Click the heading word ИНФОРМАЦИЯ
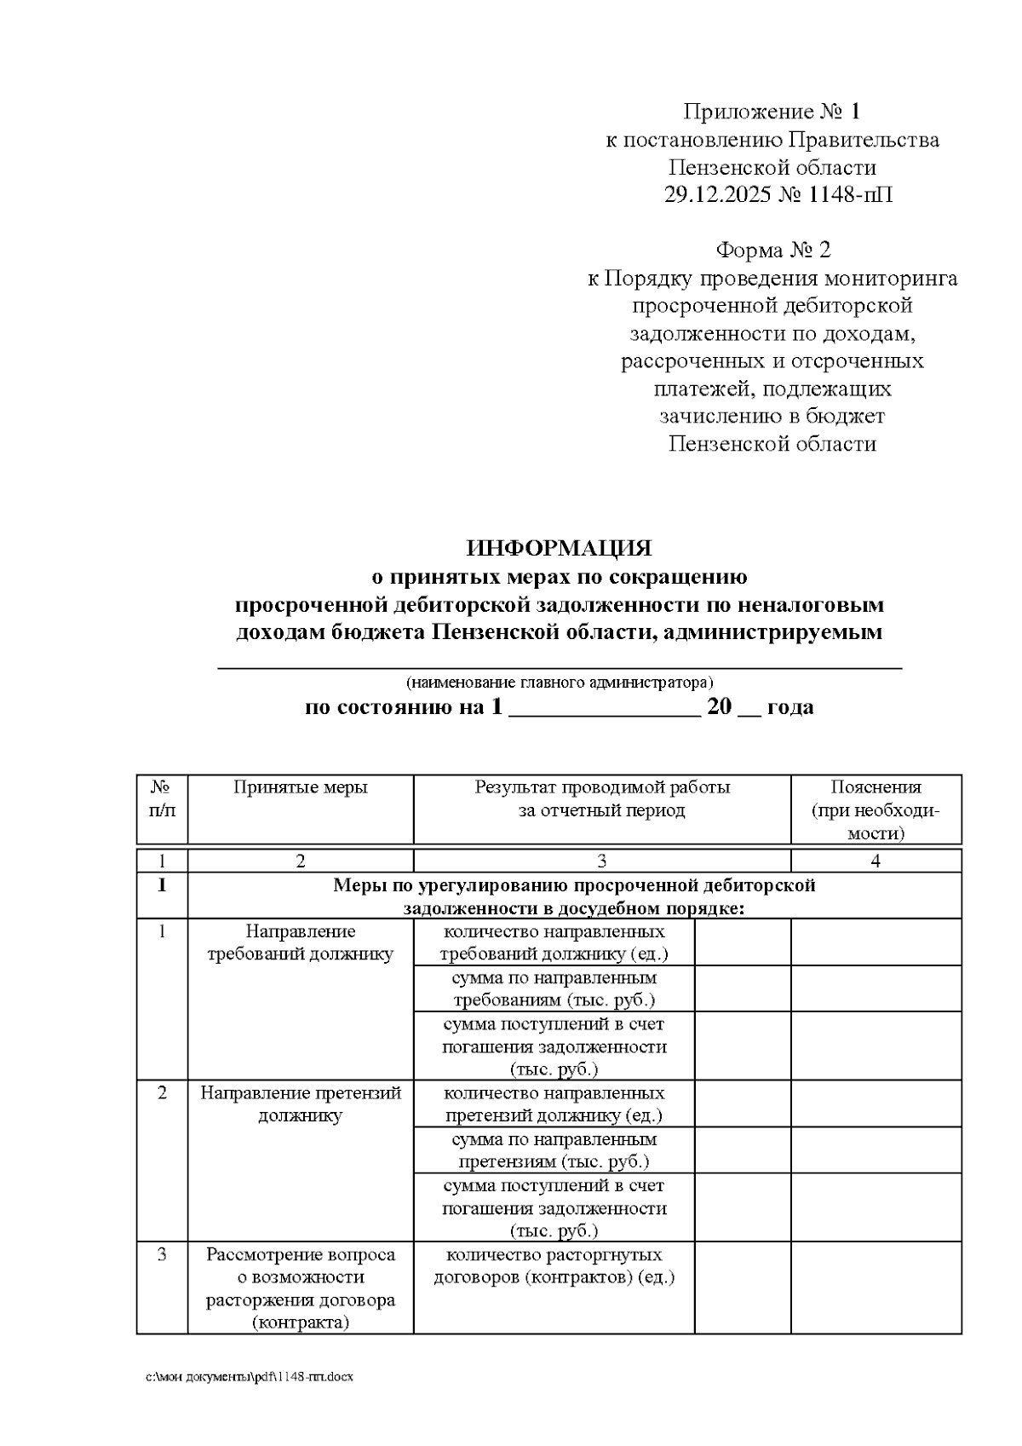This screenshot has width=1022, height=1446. (x=559, y=548)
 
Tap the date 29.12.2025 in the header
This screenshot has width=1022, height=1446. (x=718, y=195)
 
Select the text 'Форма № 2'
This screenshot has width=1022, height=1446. (x=772, y=250)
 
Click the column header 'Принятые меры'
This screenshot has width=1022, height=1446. (x=301, y=787)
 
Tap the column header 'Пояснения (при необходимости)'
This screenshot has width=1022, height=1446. (x=876, y=809)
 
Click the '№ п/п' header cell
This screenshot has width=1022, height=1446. (x=162, y=798)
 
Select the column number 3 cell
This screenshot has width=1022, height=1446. (x=601, y=861)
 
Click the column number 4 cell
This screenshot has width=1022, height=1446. (x=876, y=861)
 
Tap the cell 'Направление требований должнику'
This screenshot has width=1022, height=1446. (x=301, y=943)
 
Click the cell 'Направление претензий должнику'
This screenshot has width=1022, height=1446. (x=301, y=1104)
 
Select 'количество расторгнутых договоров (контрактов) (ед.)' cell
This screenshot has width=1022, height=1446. (x=554, y=1266)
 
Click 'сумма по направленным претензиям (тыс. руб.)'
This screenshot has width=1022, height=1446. (x=554, y=1150)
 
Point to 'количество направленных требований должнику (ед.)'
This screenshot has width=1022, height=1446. (x=554, y=942)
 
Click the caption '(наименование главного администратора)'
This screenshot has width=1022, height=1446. (x=560, y=683)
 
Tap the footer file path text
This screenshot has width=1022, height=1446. (x=249, y=1377)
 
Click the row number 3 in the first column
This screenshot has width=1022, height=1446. (x=162, y=1255)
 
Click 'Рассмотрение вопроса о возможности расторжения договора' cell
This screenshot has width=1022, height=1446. (x=301, y=1288)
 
